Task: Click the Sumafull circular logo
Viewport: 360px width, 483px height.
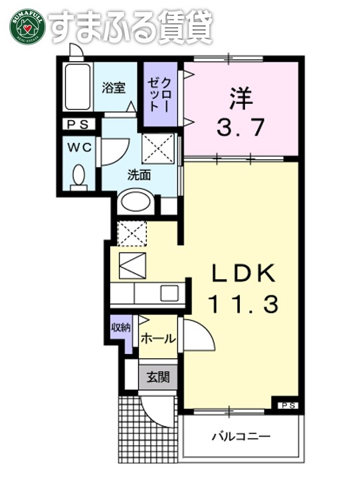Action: (x=27, y=25)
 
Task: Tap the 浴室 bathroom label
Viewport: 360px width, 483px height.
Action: (x=114, y=88)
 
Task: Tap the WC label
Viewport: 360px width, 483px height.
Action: (x=79, y=147)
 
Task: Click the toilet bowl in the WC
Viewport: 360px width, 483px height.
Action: (x=79, y=176)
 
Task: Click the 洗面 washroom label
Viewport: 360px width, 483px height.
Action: (x=139, y=175)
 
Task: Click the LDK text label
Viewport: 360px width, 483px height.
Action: (x=242, y=274)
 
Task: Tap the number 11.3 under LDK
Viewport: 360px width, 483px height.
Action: (x=242, y=304)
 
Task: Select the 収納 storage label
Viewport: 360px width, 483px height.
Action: (x=120, y=327)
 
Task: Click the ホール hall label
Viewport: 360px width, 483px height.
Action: (x=158, y=338)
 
